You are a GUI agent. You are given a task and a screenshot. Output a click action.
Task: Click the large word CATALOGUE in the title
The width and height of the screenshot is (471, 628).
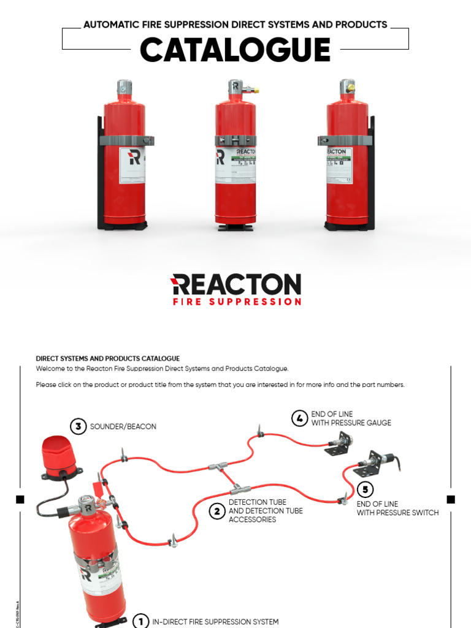(x=235, y=50)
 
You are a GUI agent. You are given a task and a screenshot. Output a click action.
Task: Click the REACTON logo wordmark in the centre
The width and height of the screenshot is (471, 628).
(x=235, y=285)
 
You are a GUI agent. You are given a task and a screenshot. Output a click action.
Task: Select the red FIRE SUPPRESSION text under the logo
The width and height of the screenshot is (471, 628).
(x=237, y=302)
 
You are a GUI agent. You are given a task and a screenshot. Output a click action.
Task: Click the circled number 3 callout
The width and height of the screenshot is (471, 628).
(x=78, y=426)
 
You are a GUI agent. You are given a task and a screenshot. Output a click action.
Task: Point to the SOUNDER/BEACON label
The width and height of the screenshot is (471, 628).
(x=123, y=426)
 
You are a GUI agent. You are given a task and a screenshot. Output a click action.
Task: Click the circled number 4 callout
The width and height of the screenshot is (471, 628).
(x=299, y=418)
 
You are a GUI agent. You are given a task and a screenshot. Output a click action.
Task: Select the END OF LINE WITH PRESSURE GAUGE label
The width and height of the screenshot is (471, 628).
(x=351, y=418)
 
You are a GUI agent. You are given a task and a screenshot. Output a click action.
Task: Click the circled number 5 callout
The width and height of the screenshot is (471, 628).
(x=365, y=489)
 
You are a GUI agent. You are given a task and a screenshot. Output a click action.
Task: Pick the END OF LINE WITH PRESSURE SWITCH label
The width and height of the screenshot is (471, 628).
(x=397, y=508)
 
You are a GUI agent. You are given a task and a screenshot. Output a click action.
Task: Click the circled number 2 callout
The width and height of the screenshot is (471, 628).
(x=217, y=511)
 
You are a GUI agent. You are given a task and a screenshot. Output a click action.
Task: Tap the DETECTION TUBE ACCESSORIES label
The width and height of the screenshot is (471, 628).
(x=266, y=511)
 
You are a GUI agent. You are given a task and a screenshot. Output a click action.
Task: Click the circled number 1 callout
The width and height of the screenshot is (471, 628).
(x=140, y=621)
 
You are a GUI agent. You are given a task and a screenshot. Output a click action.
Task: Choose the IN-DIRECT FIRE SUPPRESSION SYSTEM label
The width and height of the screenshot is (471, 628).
(x=215, y=621)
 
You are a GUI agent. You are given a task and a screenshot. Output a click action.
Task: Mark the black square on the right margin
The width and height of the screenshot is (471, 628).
(x=451, y=499)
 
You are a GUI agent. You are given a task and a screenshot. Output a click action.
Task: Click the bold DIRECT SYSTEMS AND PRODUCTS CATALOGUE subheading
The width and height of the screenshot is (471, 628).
(x=108, y=359)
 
